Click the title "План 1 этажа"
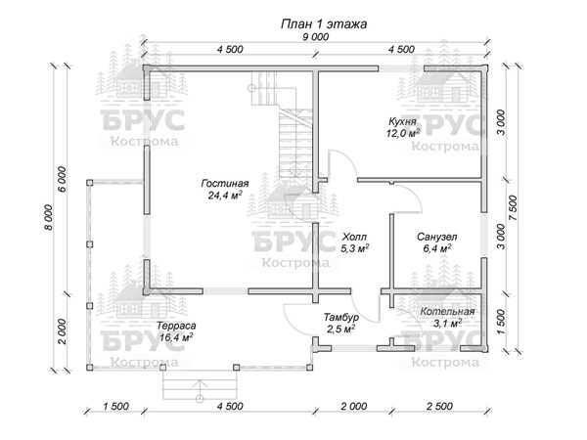(324, 23)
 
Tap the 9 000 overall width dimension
(316, 37)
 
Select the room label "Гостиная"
(225, 184)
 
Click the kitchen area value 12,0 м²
(403, 132)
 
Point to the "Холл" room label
(354, 237)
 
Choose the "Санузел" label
(437, 237)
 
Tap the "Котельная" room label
(447, 311)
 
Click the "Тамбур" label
(341, 317)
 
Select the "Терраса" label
(176, 326)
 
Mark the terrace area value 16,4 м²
(176, 337)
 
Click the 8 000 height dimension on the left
(50, 217)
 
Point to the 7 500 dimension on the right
(513, 207)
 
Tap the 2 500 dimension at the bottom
(440, 406)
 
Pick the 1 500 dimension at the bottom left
(115, 406)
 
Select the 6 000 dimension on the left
(63, 179)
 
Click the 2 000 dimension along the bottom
(354, 406)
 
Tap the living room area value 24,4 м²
(225, 195)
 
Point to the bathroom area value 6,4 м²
(437, 248)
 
